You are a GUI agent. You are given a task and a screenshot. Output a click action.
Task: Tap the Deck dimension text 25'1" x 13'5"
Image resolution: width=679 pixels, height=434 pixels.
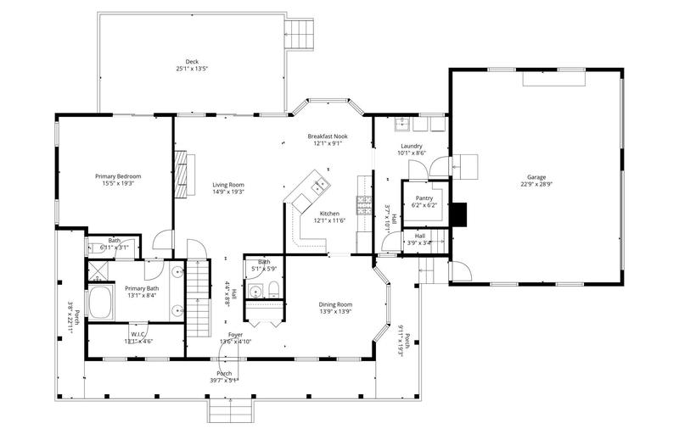[192, 69]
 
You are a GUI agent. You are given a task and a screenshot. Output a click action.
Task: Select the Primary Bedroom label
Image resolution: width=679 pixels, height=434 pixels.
[117, 175]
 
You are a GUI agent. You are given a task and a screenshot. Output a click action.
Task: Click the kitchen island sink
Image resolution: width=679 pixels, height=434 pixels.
[321, 185]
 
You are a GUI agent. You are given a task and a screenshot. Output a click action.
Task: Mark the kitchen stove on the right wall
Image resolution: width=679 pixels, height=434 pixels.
[364, 203]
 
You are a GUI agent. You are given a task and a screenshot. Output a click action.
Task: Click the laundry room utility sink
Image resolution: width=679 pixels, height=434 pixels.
[402, 125]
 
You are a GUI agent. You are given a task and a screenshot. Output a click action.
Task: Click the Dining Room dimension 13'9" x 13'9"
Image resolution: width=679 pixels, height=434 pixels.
[335, 311]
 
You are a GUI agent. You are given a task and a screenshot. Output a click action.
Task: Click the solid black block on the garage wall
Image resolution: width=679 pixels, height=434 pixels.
[458, 215]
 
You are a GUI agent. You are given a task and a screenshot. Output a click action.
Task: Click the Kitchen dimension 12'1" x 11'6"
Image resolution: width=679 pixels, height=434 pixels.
[329, 220]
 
